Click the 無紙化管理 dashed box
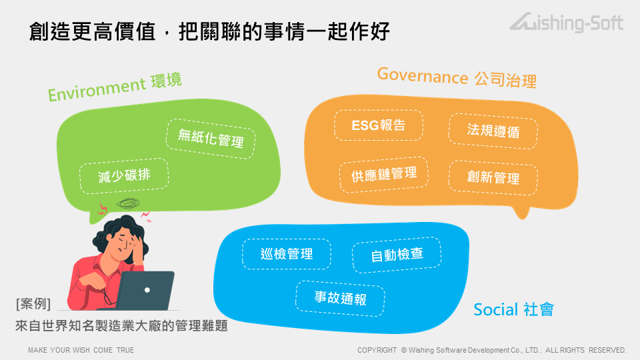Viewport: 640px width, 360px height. point(211,139)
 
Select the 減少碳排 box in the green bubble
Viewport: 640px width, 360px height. point(124,176)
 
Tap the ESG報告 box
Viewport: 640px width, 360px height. point(379,125)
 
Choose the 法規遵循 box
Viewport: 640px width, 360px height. point(493,131)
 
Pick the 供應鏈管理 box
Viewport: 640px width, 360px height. point(384,175)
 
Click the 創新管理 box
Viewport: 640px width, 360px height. point(493,177)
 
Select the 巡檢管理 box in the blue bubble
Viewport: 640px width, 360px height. point(287,254)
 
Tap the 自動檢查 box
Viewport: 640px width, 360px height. point(397,255)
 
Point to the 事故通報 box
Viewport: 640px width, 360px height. point(340,299)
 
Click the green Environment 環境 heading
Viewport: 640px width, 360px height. point(115,87)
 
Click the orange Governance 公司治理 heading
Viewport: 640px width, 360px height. point(457,77)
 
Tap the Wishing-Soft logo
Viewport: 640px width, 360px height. point(567,22)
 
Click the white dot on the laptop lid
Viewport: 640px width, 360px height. point(147,290)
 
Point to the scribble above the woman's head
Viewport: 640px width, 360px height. point(128,203)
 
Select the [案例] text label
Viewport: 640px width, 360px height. point(33,304)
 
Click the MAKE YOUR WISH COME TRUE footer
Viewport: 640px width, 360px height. point(81,350)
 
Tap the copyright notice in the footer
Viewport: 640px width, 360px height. point(491,350)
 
